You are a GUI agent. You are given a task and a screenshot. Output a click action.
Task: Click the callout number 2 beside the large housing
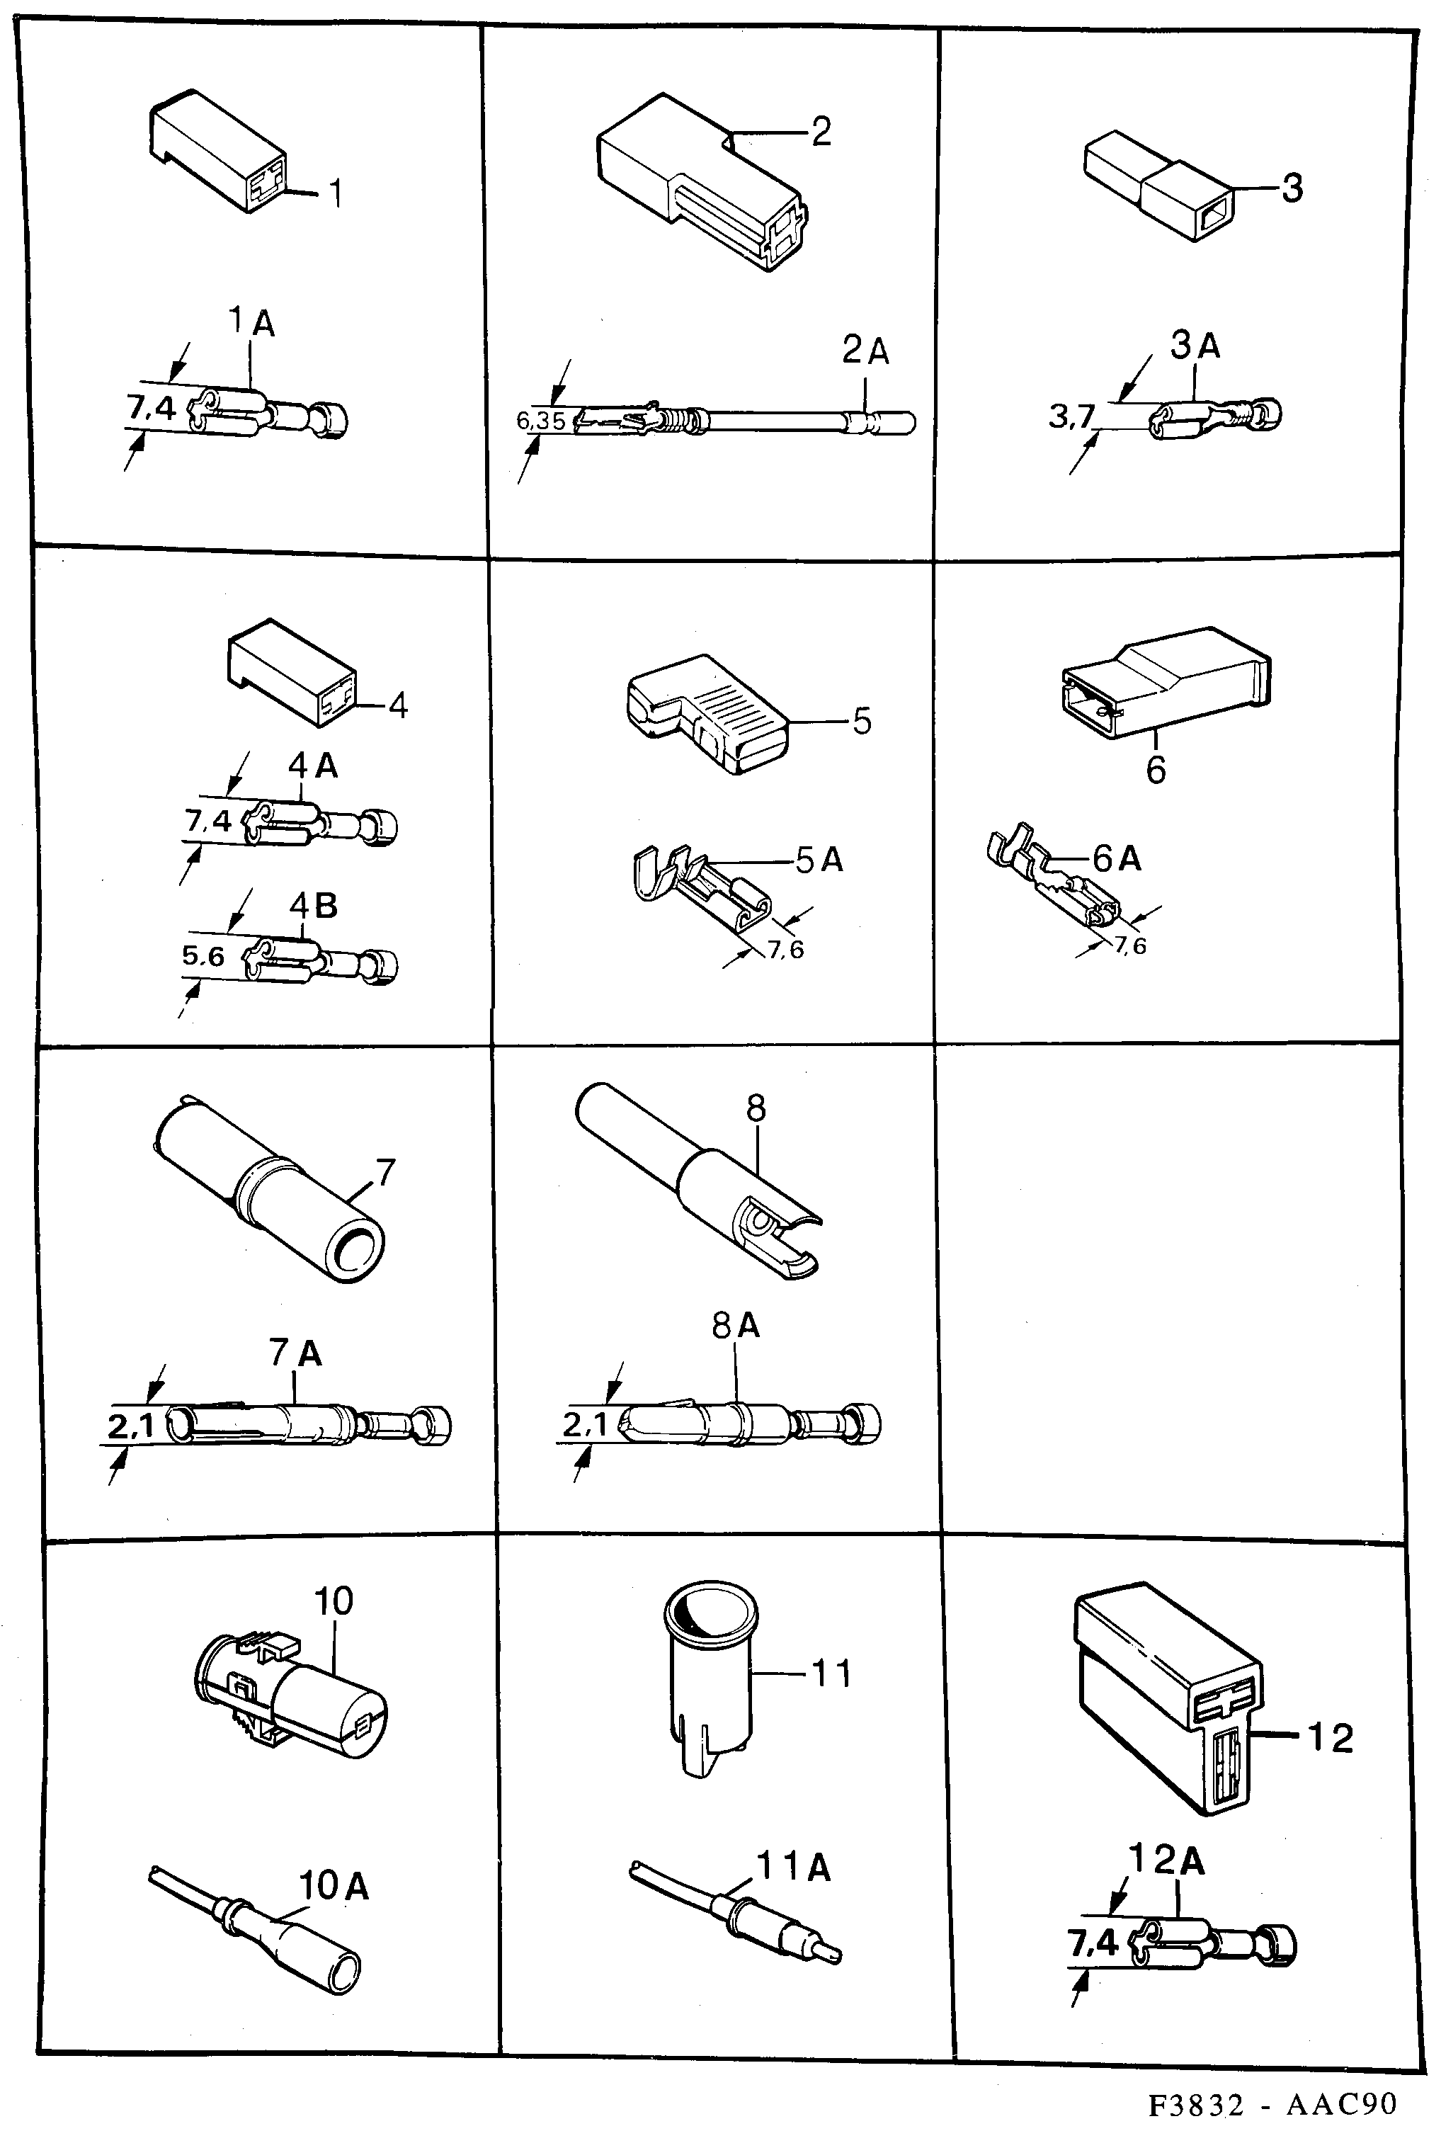[821, 131]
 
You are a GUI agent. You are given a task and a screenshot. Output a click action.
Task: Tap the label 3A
[1195, 346]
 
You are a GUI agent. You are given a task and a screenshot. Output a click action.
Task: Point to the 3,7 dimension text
[1071, 416]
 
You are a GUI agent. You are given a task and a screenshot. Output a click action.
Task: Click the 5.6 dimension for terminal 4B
[203, 956]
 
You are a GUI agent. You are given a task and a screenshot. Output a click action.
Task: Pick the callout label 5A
[819, 859]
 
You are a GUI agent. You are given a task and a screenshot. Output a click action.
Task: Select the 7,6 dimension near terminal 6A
[1130, 945]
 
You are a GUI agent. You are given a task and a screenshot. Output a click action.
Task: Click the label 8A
[736, 1325]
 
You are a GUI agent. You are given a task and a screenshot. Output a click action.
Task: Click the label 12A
[1166, 1860]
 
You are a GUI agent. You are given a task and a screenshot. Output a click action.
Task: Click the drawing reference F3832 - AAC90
[1272, 2103]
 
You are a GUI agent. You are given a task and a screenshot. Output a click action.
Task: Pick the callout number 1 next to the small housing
[336, 193]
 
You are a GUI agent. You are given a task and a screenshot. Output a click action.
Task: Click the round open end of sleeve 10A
[343, 1972]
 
